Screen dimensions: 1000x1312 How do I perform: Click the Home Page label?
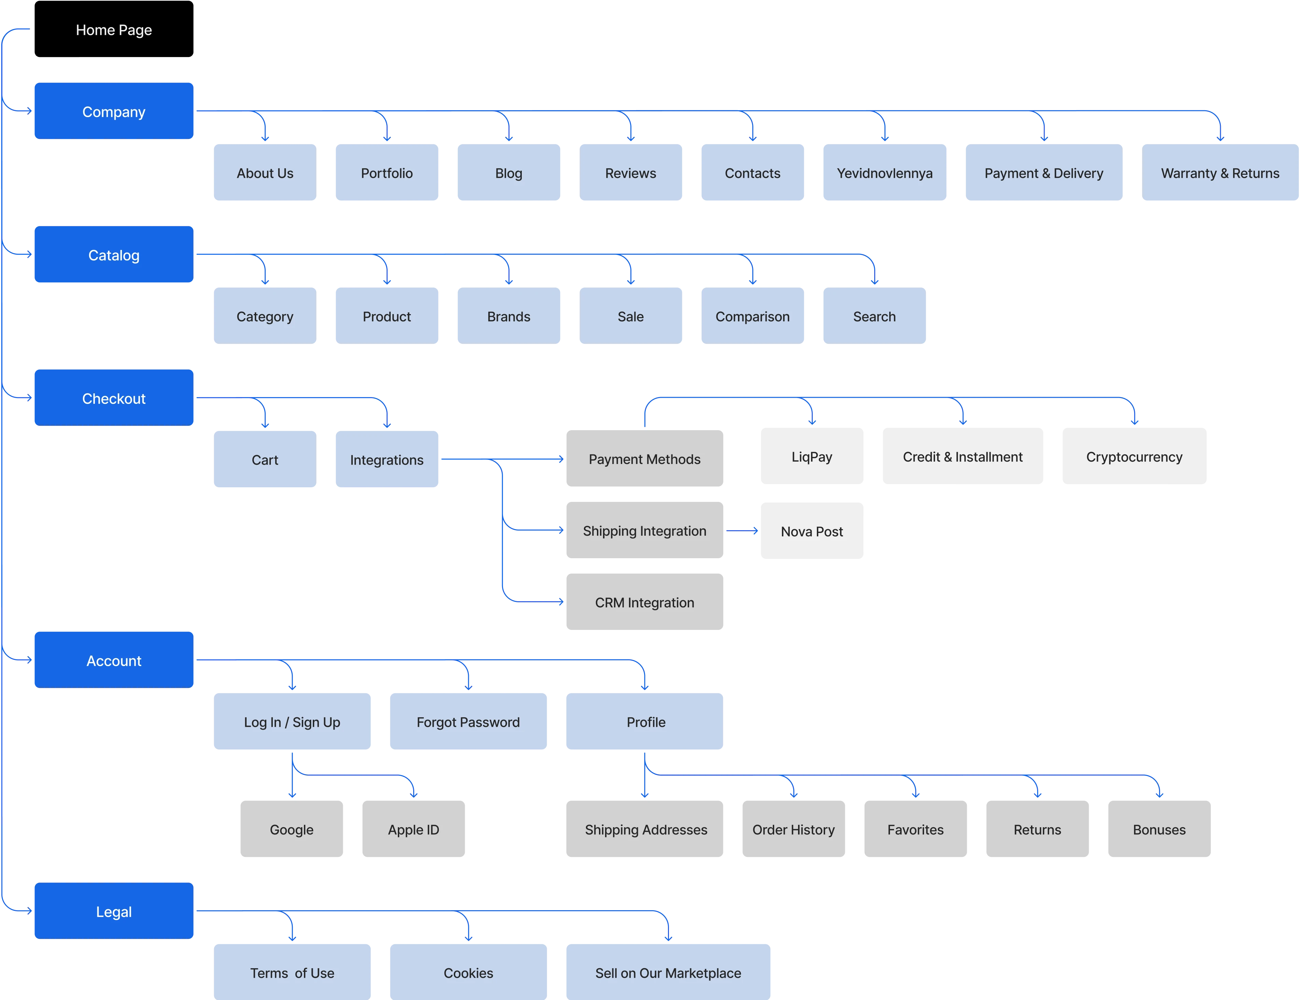click(114, 30)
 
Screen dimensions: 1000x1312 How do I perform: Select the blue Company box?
click(114, 111)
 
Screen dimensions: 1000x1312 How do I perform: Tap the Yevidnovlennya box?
click(884, 173)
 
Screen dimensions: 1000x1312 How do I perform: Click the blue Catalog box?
click(114, 255)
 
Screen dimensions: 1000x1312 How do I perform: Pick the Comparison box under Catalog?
click(752, 316)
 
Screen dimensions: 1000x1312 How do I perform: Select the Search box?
click(874, 316)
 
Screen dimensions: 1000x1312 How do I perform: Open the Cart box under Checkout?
click(265, 460)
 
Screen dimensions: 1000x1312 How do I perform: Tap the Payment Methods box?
click(644, 459)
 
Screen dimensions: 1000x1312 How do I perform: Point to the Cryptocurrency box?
click(1134, 456)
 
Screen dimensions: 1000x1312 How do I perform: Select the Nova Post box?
click(812, 531)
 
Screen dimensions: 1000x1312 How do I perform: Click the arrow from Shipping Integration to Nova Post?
click(741, 530)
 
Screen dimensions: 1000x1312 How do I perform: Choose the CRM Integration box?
click(644, 602)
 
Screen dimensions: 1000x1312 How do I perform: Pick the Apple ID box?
click(413, 829)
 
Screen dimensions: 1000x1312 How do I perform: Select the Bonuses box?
click(1159, 829)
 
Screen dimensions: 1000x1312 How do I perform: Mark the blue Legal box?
click(114, 911)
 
